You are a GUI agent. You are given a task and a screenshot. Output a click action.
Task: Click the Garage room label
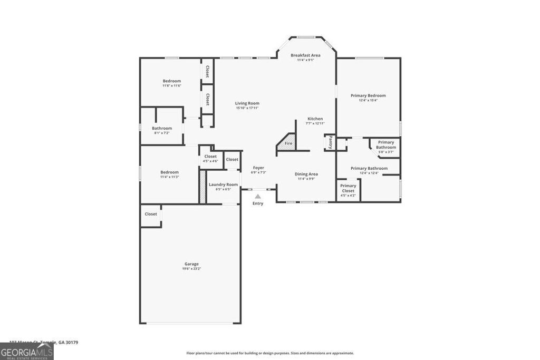(191, 264)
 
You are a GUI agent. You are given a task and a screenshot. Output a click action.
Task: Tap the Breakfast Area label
(305, 55)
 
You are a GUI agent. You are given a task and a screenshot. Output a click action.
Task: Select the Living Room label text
(247, 103)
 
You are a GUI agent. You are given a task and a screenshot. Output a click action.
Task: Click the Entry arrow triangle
(258, 196)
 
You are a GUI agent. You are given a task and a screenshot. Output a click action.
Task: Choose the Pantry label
(331, 142)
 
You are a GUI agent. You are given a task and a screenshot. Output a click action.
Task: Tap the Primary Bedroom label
(368, 95)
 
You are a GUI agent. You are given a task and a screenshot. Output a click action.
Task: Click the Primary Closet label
(348, 188)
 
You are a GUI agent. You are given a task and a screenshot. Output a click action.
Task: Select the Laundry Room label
(223, 184)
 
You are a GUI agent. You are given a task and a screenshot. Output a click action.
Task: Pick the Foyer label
(258, 168)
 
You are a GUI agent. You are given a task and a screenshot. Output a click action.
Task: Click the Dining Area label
(306, 174)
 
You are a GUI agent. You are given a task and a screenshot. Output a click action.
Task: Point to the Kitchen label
(315, 119)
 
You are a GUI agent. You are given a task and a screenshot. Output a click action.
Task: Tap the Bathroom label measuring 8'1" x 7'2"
(162, 128)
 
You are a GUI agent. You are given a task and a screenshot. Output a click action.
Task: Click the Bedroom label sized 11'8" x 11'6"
(171, 81)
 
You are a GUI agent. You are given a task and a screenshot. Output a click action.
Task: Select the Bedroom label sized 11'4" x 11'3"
(169, 172)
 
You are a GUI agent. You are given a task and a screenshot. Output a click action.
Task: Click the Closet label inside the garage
(151, 214)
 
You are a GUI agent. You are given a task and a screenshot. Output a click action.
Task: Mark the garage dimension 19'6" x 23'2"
(191, 269)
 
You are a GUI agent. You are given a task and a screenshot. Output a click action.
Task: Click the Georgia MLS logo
(26, 351)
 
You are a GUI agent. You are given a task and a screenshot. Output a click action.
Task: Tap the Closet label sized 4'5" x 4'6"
(210, 156)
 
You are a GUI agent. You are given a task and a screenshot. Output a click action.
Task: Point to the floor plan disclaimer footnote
(270, 353)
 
